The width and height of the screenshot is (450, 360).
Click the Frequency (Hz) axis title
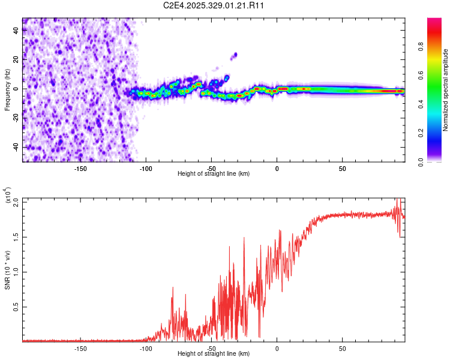[7, 89]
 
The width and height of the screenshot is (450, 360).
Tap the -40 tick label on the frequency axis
[16, 147]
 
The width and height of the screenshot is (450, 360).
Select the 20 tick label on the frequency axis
[17, 59]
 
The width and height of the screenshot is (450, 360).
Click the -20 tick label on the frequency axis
[16, 118]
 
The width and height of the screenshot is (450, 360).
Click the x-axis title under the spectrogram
[214, 174]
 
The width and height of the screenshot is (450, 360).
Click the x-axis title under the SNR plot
[214, 354]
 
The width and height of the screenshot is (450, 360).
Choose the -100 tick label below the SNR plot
[146, 348]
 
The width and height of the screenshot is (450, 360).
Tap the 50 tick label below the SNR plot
[342, 348]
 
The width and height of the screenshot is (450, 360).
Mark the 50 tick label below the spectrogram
[342, 168]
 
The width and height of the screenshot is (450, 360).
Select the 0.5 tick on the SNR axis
[16, 307]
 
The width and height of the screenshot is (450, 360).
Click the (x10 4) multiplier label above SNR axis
[9, 195]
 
